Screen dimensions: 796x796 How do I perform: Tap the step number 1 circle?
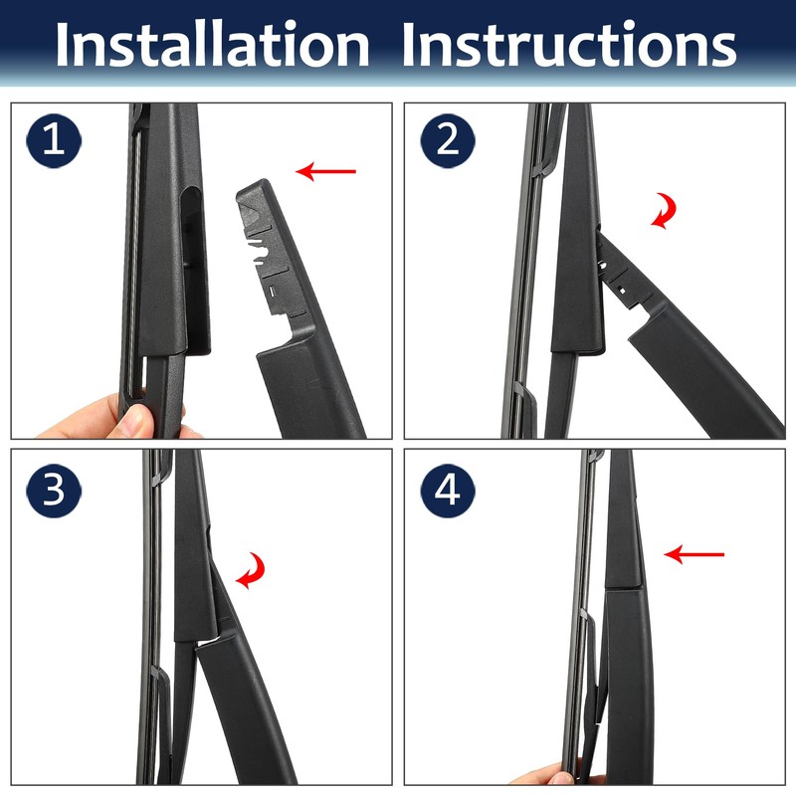pyautogui.click(x=54, y=140)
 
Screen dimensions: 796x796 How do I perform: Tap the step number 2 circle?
pyautogui.click(x=447, y=140)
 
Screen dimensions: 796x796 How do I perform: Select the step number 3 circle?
pyautogui.click(x=54, y=491)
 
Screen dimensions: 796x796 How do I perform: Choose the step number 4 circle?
pyautogui.click(x=447, y=491)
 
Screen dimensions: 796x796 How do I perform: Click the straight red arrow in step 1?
pyautogui.click(x=326, y=172)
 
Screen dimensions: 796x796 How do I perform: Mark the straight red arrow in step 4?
pyautogui.click(x=695, y=554)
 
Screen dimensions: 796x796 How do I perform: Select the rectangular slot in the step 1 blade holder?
pyautogui.click(x=195, y=259)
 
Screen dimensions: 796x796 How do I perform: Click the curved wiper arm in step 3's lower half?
pyautogui.click(x=244, y=696)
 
